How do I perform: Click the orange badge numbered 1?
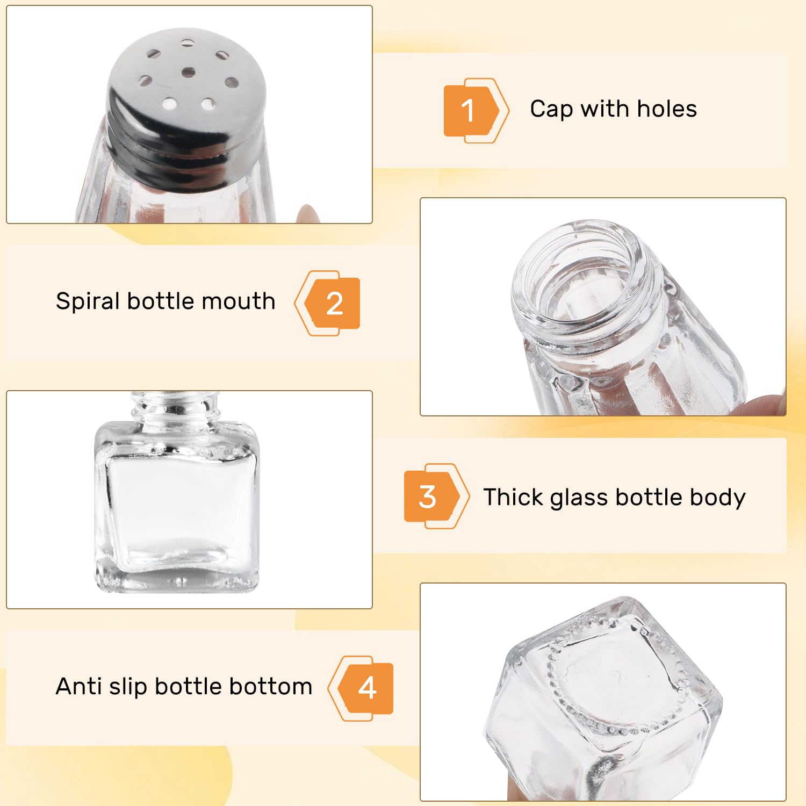pos(476,111)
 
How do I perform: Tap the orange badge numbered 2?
pos(327,304)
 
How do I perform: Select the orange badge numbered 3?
pos(436,496)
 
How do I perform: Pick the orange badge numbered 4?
pos(361,688)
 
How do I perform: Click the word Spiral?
pos(88,301)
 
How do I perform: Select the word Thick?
pos(513,497)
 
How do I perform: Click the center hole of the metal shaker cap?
pos(188,71)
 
